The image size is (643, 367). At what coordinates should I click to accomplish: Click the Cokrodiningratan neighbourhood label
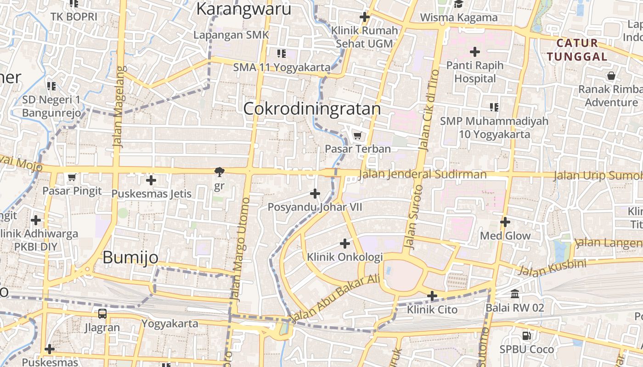click(312, 109)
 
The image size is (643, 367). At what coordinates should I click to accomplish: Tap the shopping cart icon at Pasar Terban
click(357, 135)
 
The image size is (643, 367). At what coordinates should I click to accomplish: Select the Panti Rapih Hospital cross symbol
click(475, 51)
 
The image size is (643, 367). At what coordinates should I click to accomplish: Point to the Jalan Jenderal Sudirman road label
click(423, 174)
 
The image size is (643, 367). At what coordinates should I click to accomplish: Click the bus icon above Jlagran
click(102, 314)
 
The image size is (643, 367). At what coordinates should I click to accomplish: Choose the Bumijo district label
click(130, 257)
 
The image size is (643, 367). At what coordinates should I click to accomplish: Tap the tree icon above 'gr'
click(220, 172)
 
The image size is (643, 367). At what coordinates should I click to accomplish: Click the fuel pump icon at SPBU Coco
click(527, 336)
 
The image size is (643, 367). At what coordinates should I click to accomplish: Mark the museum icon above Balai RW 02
click(515, 294)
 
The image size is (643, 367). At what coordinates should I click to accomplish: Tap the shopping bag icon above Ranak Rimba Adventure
click(611, 76)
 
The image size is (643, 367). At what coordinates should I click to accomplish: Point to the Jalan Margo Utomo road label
click(241, 250)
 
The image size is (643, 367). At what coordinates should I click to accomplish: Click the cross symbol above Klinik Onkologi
click(345, 243)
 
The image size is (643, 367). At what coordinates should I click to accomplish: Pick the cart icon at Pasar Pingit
click(72, 177)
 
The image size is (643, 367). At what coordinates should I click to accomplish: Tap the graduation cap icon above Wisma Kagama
click(458, 4)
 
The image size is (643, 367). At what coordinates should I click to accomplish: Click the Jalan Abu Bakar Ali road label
click(335, 298)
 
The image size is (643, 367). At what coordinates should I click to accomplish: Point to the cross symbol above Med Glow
click(505, 222)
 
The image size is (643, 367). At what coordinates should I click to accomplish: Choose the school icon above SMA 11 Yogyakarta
click(282, 54)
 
